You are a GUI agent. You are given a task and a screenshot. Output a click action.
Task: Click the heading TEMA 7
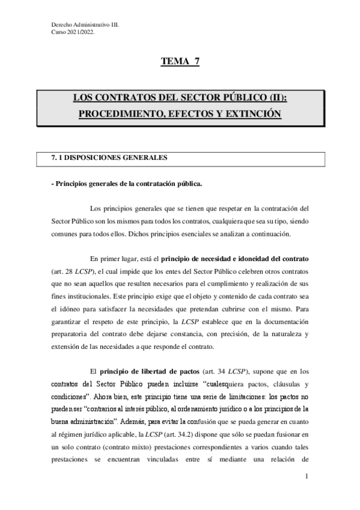click(x=180, y=61)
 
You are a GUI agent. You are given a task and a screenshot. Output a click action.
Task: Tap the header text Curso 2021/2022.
click(x=73, y=32)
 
